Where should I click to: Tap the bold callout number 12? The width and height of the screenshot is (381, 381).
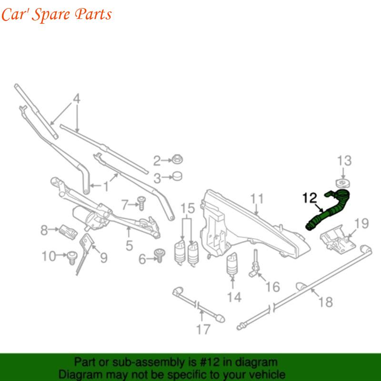point(310,198)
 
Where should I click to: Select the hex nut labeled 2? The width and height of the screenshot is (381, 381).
point(177,160)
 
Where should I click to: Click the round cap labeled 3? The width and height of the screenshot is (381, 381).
point(177,176)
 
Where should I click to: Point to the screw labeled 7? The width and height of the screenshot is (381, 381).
point(141,203)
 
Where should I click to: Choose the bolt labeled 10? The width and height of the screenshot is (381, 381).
point(72,258)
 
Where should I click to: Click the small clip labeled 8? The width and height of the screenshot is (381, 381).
point(68,231)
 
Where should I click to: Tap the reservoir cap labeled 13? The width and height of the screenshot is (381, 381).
point(342,183)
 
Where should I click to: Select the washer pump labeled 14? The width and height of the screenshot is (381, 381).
point(232,265)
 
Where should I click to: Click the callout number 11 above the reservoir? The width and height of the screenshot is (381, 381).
point(257,199)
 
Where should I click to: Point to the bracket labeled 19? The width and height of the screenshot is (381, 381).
point(338,240)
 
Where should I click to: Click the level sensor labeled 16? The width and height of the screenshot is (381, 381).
point(255,264)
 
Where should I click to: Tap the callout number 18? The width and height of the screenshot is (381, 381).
point(325,302)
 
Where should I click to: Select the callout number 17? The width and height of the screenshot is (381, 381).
point(203,330)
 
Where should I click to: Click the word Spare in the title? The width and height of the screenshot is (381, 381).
point(51,14)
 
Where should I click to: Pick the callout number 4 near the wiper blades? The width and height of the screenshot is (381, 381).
point(77,99)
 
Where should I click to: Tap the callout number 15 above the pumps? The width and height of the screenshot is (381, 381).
point(187,209)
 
